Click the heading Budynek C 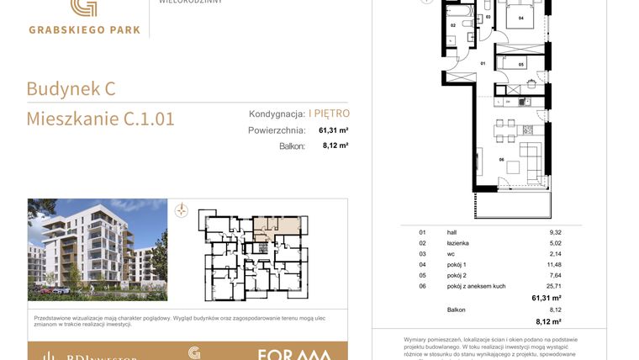coord(71,88)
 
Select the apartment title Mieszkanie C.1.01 coord(100,119)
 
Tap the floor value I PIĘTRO coord(329,113)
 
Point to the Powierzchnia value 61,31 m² coord(333,130)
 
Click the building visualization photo coord(97,249)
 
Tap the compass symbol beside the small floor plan coord(181,211)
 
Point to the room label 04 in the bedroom coord(521,17)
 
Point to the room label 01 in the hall coord(483,63)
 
